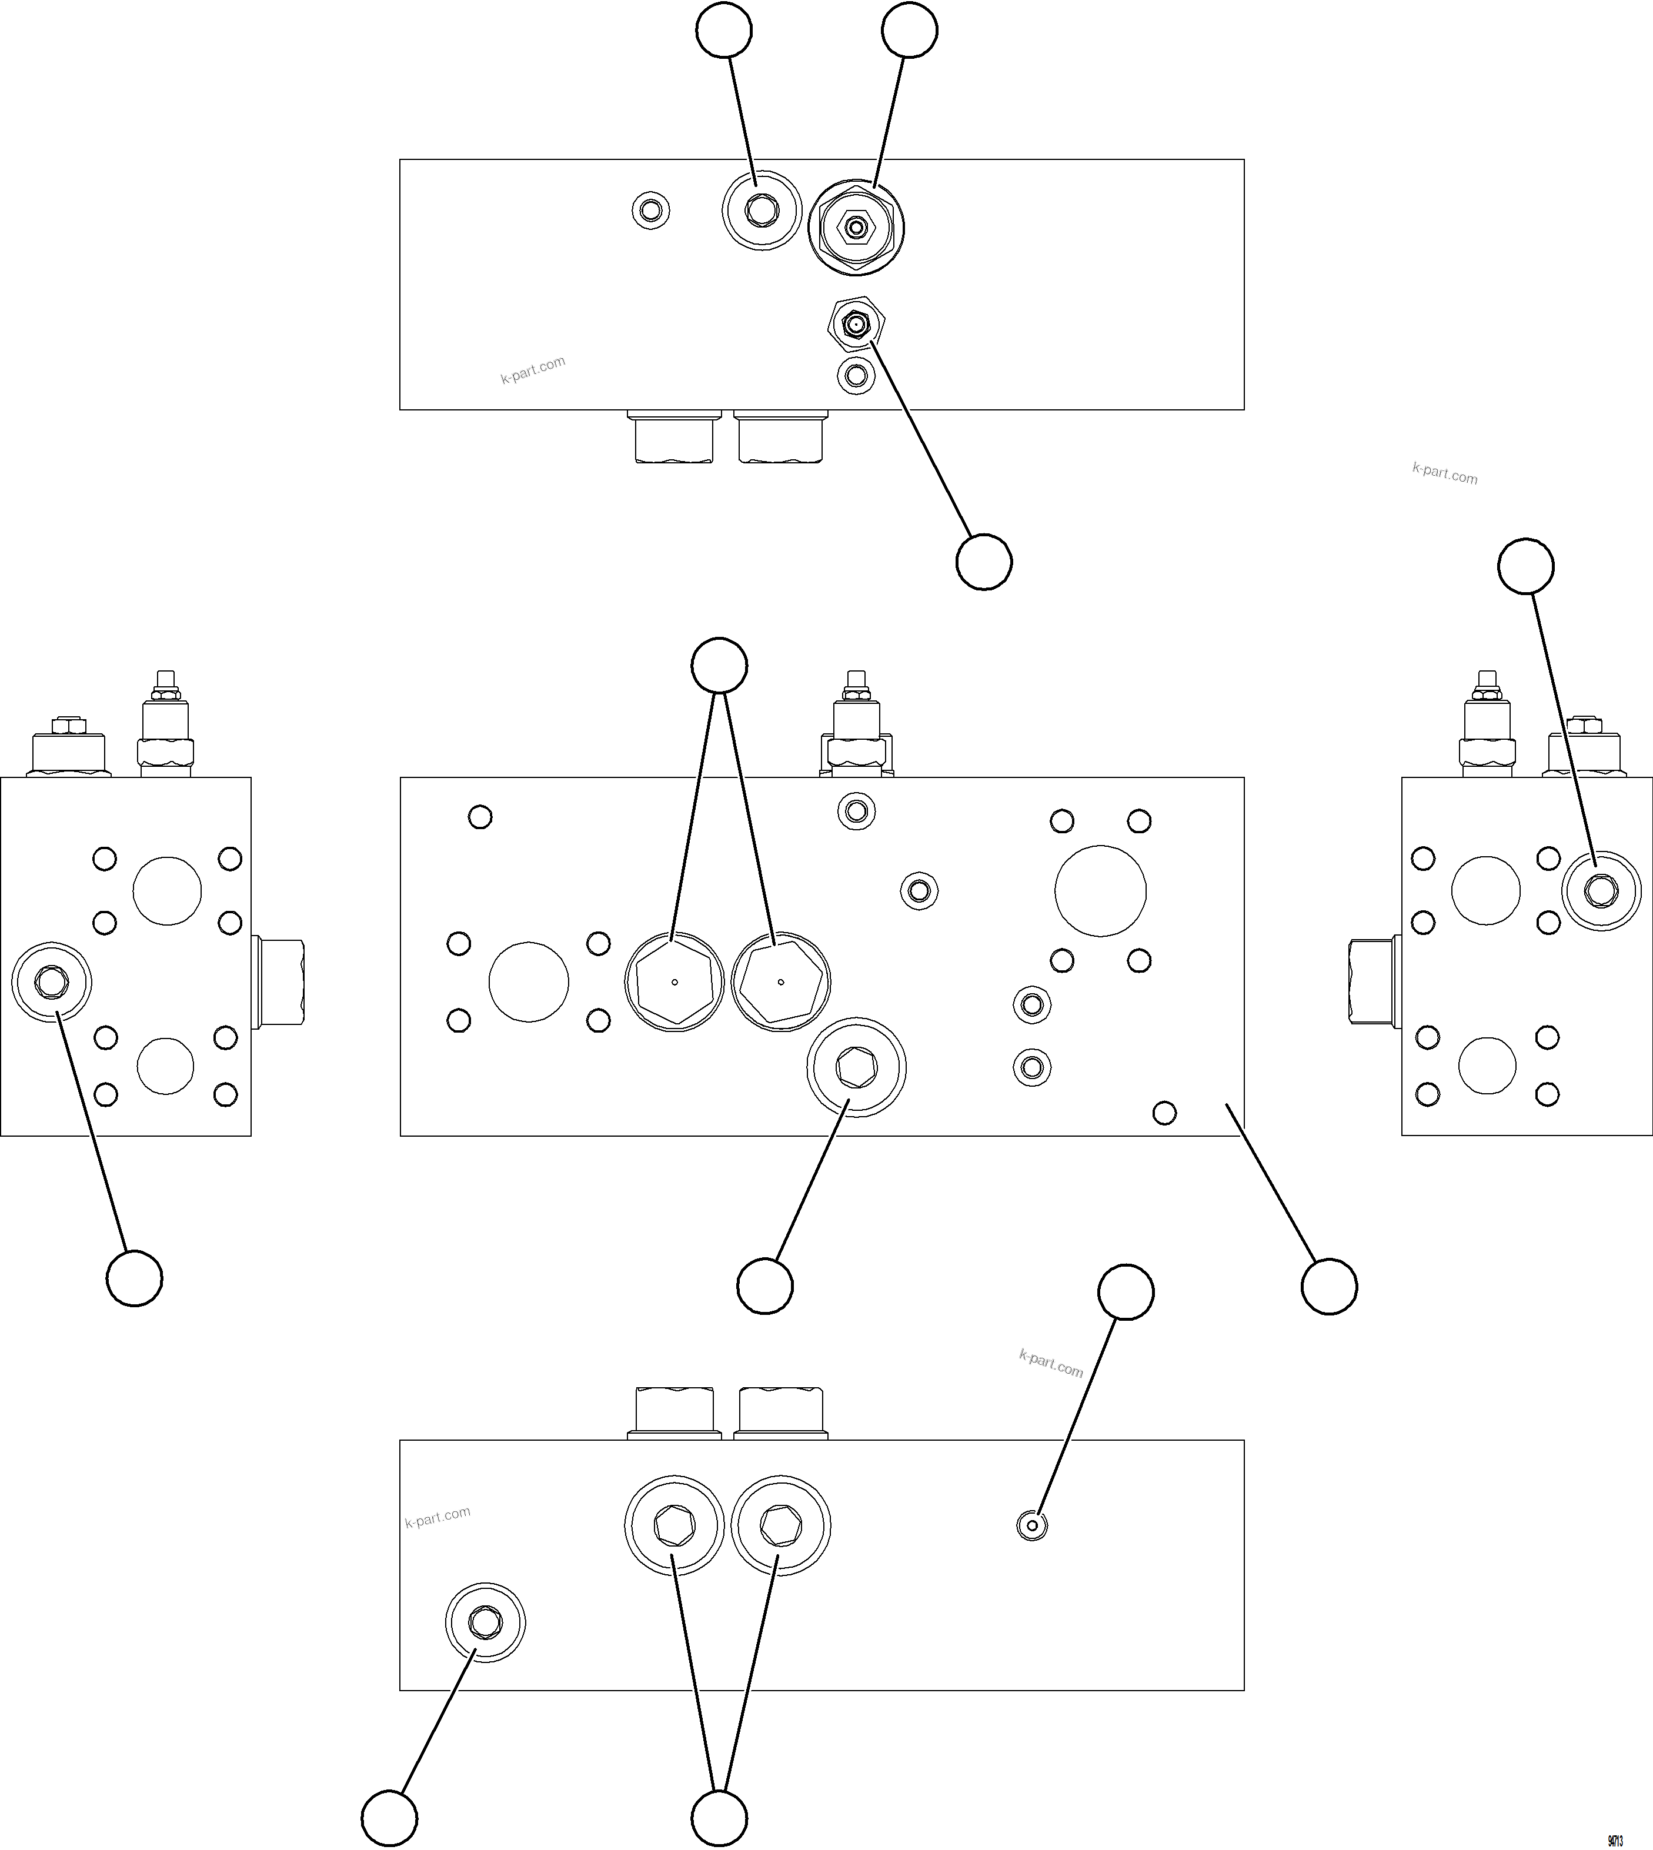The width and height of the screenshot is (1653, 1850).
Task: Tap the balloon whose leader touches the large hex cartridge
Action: [909, 31]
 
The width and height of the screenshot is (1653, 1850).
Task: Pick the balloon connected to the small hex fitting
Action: [984, 562]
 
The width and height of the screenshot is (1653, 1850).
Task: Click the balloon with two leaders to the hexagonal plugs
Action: [719, 666]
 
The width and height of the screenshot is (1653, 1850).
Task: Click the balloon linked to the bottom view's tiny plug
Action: [1126, 1291]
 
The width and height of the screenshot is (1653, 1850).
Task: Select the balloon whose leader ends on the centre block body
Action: [1329, 1286]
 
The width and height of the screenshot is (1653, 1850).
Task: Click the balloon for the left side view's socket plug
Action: [135, 1278]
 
